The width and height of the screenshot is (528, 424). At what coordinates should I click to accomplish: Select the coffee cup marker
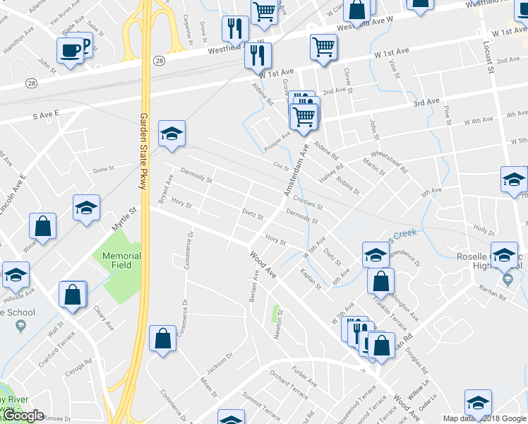coord(70,50)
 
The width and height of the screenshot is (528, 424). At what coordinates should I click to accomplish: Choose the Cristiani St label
coord(308,203)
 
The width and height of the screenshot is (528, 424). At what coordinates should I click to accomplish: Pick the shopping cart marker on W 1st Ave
coord(323,47)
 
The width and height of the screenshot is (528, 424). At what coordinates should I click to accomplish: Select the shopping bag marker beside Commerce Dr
coord(163,338)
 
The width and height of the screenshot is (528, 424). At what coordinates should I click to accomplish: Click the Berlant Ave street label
coord(253,287)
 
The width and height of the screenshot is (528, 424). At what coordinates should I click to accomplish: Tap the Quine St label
coord(103,169)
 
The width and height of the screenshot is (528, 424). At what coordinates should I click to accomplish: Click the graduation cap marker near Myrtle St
coord(87,208)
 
